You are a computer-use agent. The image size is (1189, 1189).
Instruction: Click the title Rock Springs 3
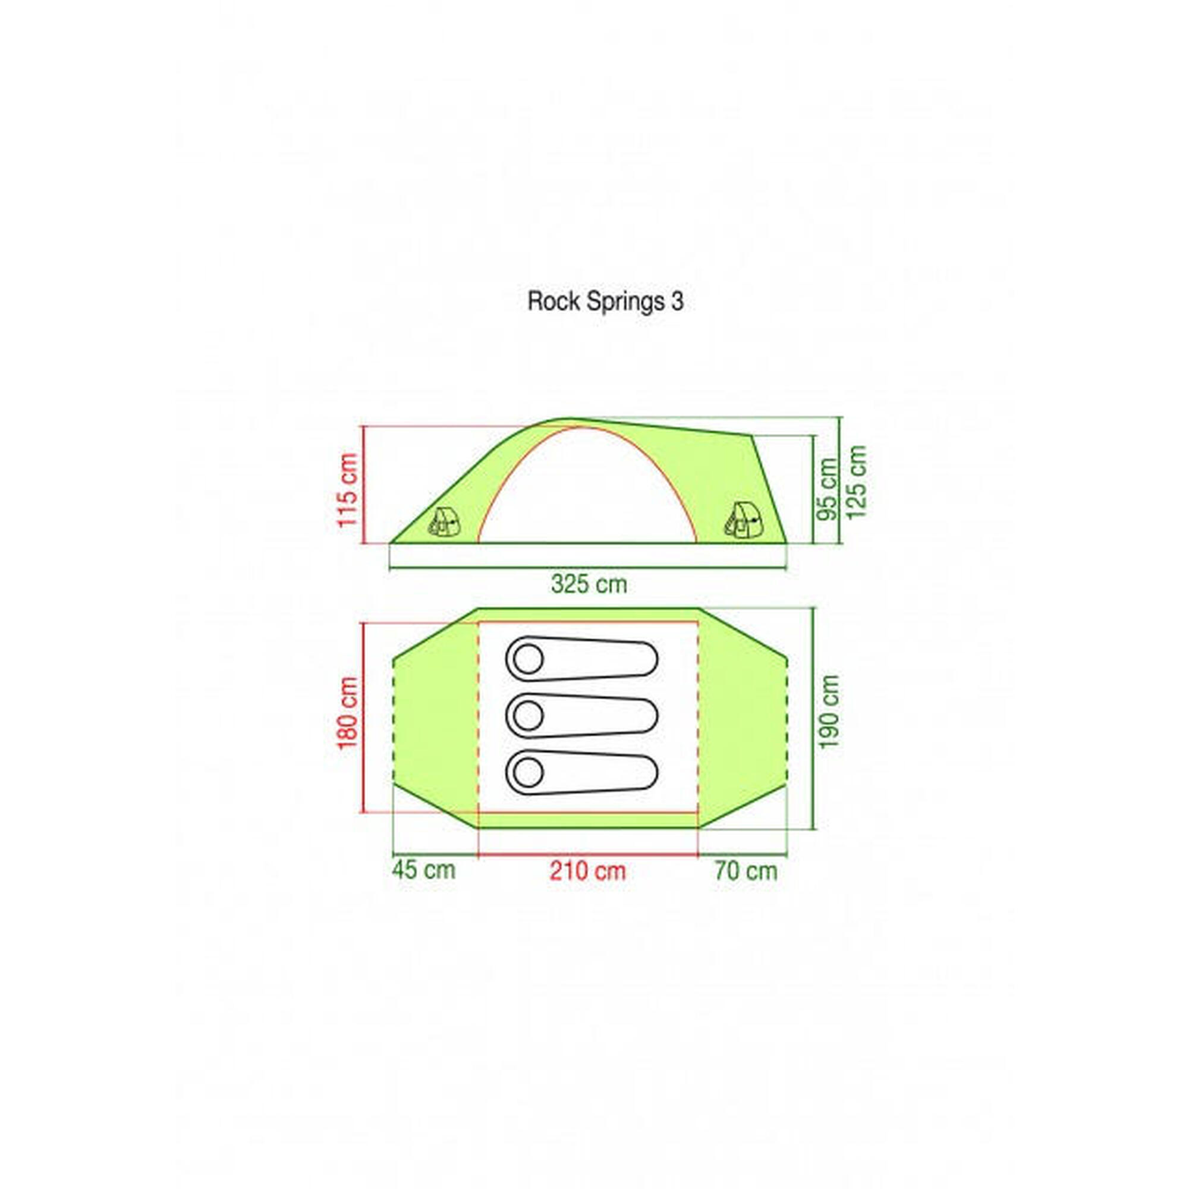click(x=606, y=302)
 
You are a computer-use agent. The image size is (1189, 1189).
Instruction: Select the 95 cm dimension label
click(x=828, y=489)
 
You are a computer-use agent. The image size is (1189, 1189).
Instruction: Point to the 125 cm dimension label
click(x=856, y=482)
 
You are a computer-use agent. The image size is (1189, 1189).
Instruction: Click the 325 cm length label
click(x=589, y=584)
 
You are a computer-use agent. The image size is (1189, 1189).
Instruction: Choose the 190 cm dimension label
click(x=829, y=711)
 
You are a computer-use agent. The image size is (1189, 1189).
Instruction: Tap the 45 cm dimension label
click(x=424, y=870)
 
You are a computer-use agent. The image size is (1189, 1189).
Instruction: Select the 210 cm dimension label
click(x=588, y=871)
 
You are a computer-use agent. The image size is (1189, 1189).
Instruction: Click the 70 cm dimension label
click(x=746, y=871)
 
